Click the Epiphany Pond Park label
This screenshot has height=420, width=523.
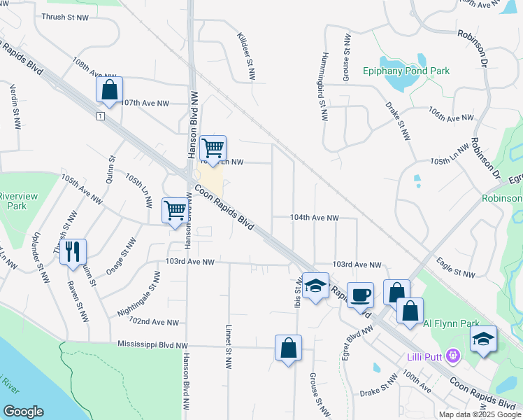(406, 71)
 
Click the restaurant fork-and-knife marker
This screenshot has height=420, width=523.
(73, 251)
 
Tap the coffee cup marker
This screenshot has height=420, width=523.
(361, 295)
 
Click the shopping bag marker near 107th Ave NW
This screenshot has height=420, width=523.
(109, 90)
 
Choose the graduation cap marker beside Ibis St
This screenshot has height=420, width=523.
(315, 285)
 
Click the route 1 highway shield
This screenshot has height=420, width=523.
(101, 115)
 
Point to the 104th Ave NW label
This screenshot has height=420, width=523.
(315, 218)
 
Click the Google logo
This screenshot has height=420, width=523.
(23, 411)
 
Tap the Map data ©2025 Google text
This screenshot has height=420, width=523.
(480, 414)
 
